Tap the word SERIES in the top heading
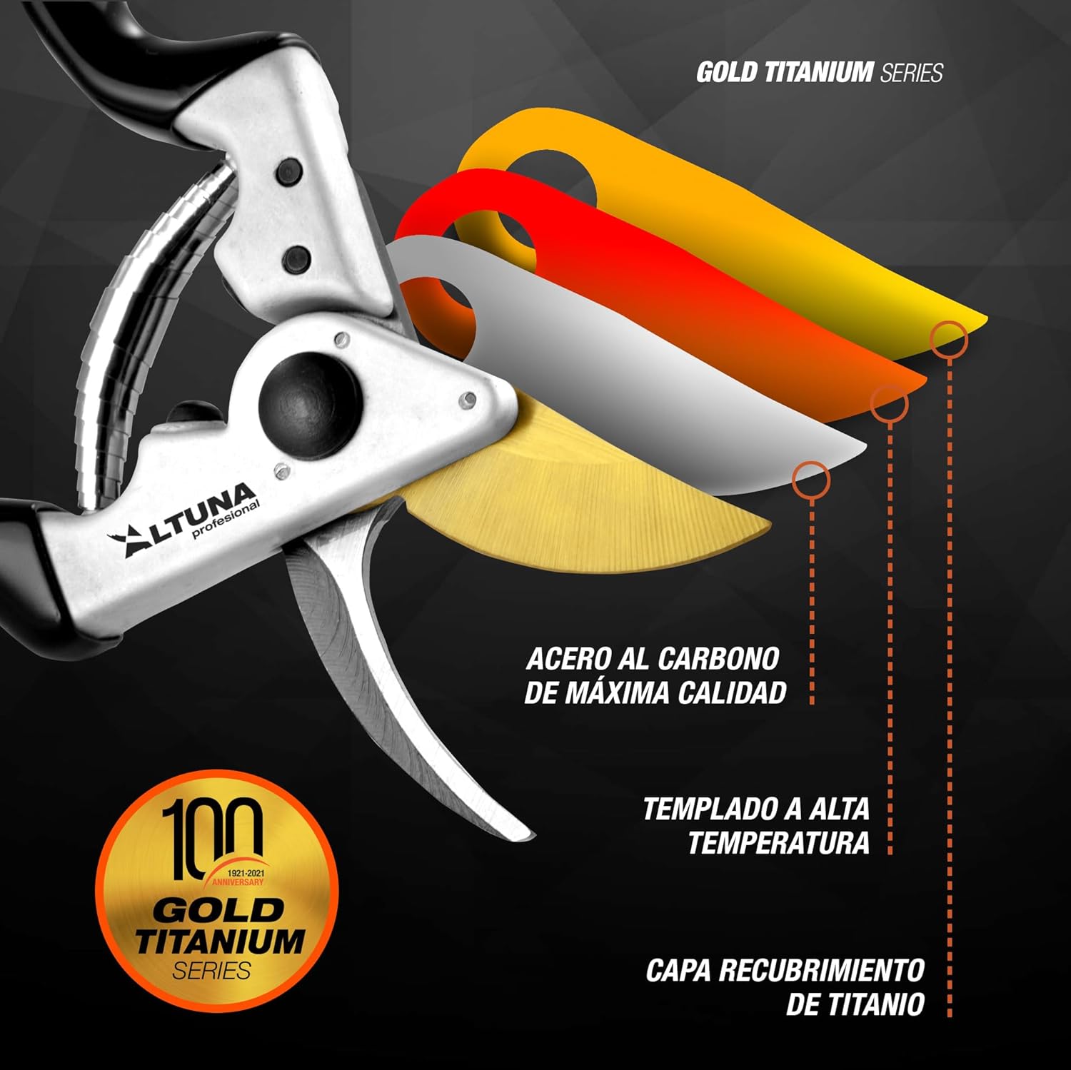coord(912,73)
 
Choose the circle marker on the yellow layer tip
coord(949,338)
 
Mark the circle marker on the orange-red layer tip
coord(889,404)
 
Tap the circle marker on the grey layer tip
coord(811,479)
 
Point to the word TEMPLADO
coord(703,809)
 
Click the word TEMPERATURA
coord(778,843)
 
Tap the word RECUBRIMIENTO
coord(821,971)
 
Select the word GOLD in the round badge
coord(218,910)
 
